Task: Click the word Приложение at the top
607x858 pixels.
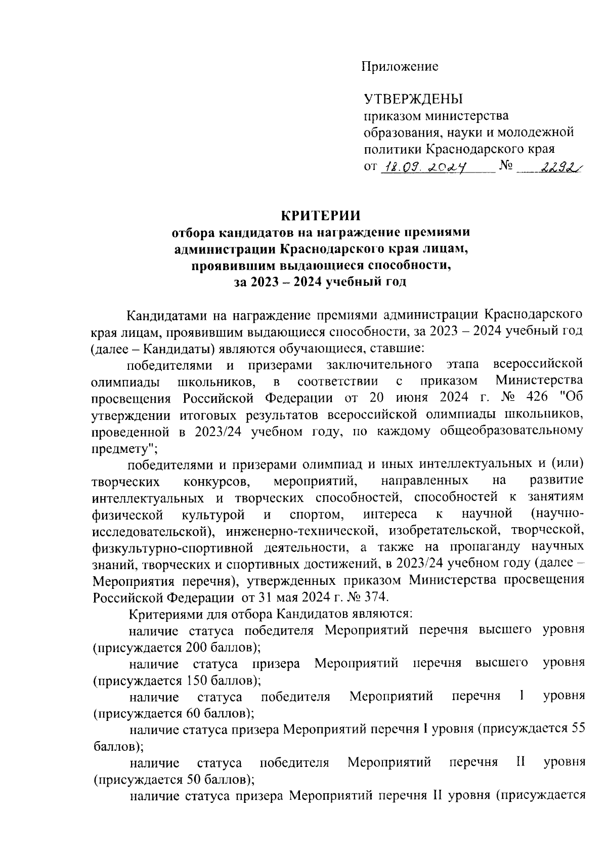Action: pos(400,66)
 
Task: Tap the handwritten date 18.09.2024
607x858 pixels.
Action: pos(425,166)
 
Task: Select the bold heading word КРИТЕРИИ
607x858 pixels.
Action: pos(321,215)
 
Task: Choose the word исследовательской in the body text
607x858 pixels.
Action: pos(152,531)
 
